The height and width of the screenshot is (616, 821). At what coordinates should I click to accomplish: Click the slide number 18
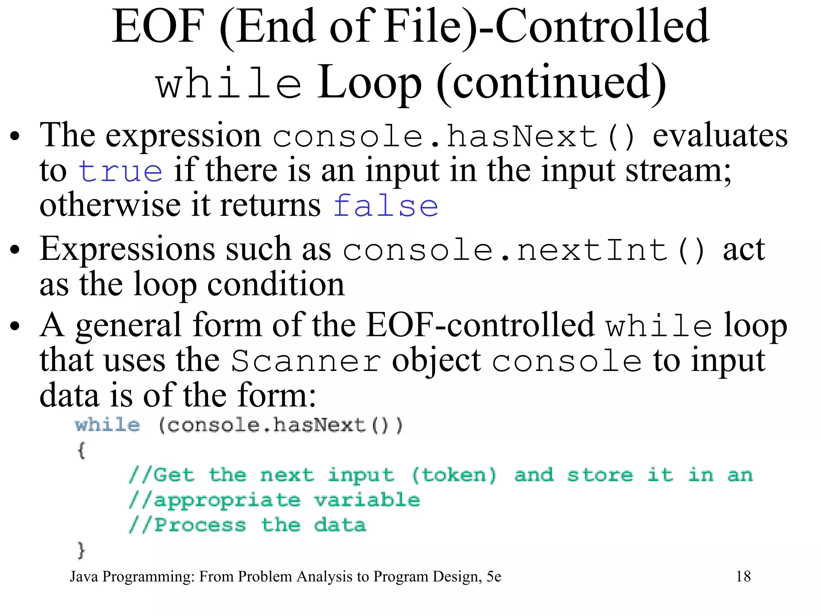coord(743,576)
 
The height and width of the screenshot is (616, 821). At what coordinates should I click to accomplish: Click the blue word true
coord(121,171)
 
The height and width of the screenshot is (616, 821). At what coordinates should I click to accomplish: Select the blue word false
coord(386,206)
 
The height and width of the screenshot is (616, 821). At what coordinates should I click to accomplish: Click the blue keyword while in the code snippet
coord(107,425)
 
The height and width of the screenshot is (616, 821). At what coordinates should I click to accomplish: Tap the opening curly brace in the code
coord(81,450)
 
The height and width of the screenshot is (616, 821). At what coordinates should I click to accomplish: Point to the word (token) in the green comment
coord(454,475)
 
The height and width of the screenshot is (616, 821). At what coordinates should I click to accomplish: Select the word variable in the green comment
coord(367,500)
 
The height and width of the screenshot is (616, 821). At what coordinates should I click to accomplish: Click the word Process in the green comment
coord(200,525)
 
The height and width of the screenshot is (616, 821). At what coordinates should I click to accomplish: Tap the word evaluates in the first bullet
coord(720,136)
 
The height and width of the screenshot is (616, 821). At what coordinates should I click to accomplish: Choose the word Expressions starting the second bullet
coord(127,249)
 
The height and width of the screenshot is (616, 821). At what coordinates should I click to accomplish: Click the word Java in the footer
coord(84,576)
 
